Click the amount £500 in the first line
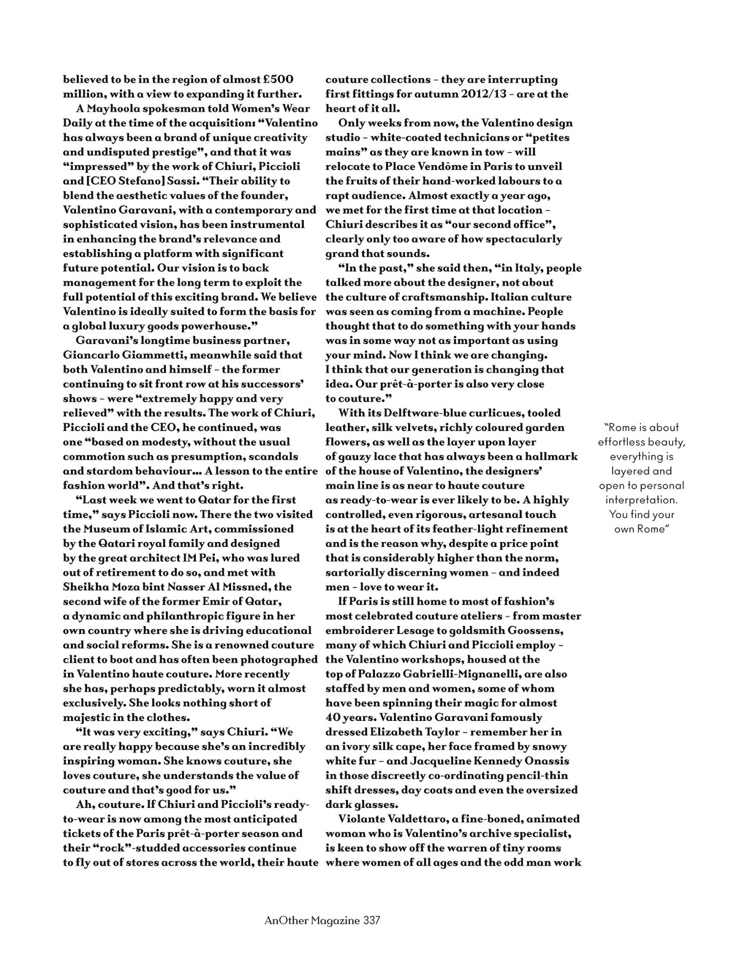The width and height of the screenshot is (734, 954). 278,79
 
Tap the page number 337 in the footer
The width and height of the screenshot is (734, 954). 371,920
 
